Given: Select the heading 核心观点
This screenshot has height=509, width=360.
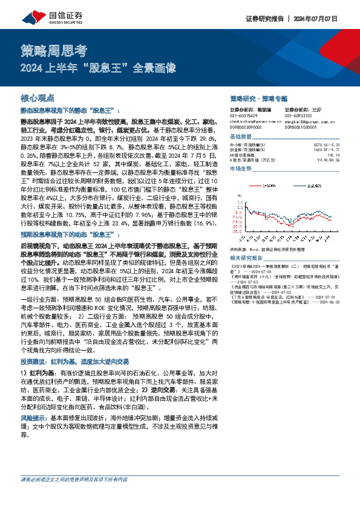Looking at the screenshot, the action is point(38,97).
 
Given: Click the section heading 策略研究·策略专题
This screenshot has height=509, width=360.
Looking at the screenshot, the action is point(258,97).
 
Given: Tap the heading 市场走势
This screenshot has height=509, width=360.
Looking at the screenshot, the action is point(241,169).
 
